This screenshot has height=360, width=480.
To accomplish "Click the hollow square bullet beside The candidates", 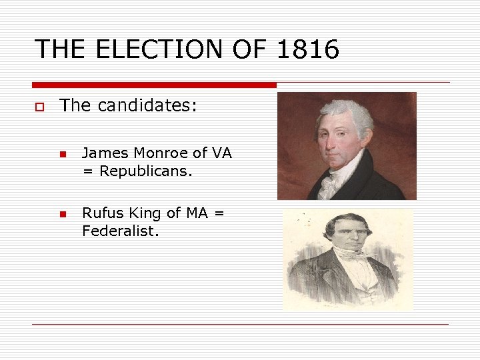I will coord(40,106).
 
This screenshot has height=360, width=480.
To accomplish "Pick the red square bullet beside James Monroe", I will coord(62,155).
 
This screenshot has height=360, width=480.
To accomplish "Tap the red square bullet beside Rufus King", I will coord(62,215).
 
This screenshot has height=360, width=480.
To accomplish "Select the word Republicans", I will coord(145,171).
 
